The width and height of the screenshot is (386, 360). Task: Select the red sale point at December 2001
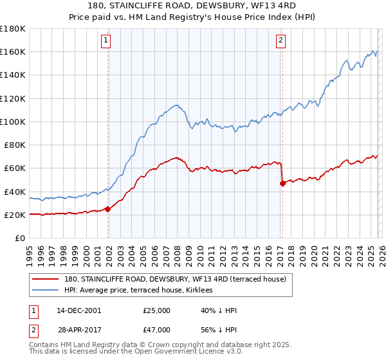(107, 208)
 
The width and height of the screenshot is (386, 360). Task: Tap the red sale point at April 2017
(282, 183)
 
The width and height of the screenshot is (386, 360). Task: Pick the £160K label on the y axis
(13, 51)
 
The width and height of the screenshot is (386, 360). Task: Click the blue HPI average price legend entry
(142, 291)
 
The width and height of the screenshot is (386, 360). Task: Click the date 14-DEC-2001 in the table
(78, 310)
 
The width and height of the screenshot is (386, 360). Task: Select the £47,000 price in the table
(156, 331)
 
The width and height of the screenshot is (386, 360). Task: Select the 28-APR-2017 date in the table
(78, 331)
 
